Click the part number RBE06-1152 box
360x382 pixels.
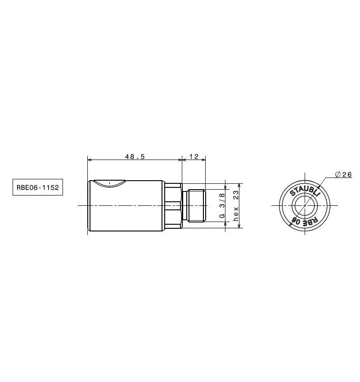click(x=38, y=187)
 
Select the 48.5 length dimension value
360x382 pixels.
click(x=135, y=156)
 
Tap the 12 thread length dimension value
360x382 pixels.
click(x=194, y=156)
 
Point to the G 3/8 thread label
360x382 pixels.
click(x=222, y=205)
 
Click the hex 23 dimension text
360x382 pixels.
click(x=236, y=206)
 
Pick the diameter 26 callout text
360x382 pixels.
click(x=344, y=174)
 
